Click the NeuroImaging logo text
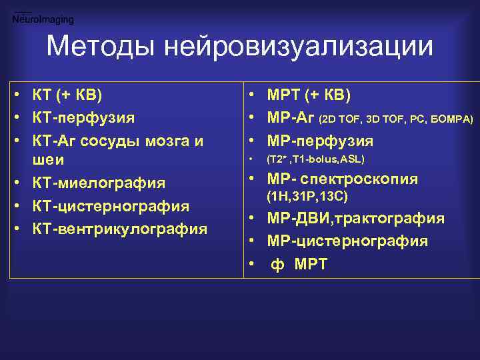(x=43, y=20)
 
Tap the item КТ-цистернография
(x=111, y=206)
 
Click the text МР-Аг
(x=291, y=118)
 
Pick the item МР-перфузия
(x=320, y=141)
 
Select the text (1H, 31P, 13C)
(x=307, y=197)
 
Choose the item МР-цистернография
(x=347, y=241)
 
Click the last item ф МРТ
(x=299, y=264)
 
